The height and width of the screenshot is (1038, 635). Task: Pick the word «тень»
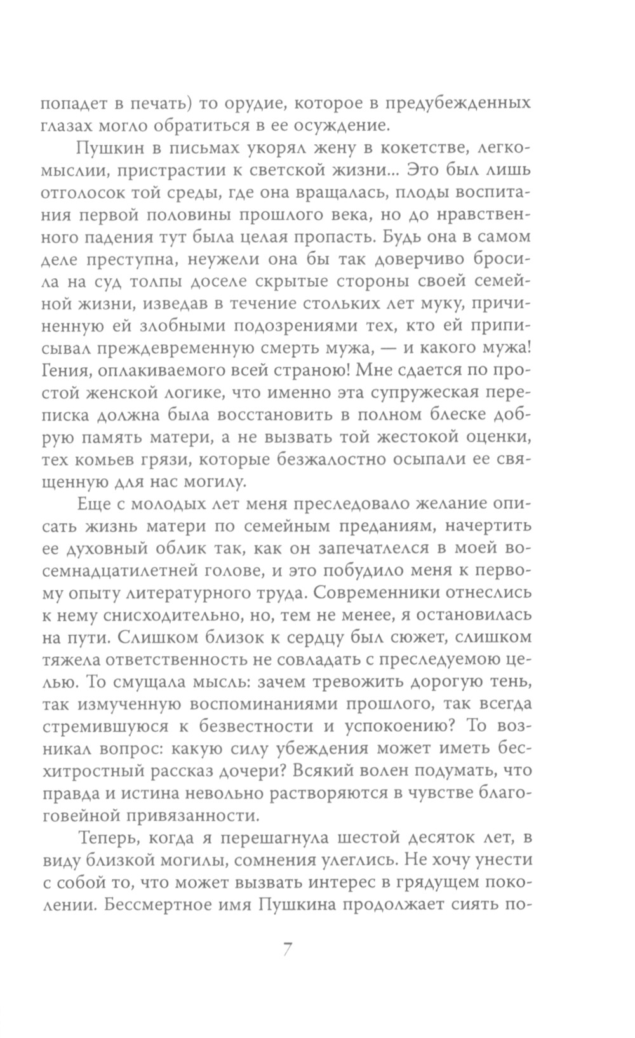pos(510,680)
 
